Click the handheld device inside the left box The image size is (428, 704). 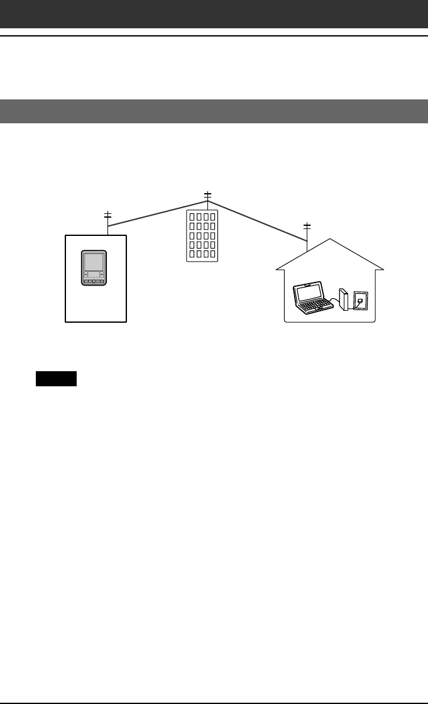[x=94, y=269]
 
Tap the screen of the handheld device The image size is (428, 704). [x=94, y=263]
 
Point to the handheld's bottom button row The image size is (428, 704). [x=94, y=282]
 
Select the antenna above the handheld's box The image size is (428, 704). [x=107, y=218]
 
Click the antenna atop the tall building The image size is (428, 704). [x=207, y=196]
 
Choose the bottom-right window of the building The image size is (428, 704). [x=212, y=254]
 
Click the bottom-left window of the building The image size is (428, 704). [x=192, y=254]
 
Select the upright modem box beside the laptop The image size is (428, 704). [x=343, y=299]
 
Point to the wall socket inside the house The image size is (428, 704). [x=361, y=300]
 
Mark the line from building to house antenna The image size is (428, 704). [x=258, y=220]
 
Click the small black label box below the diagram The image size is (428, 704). [x=56, y=379]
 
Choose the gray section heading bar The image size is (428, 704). [x=214, y=111]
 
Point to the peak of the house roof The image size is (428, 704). [x=330, y=240]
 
